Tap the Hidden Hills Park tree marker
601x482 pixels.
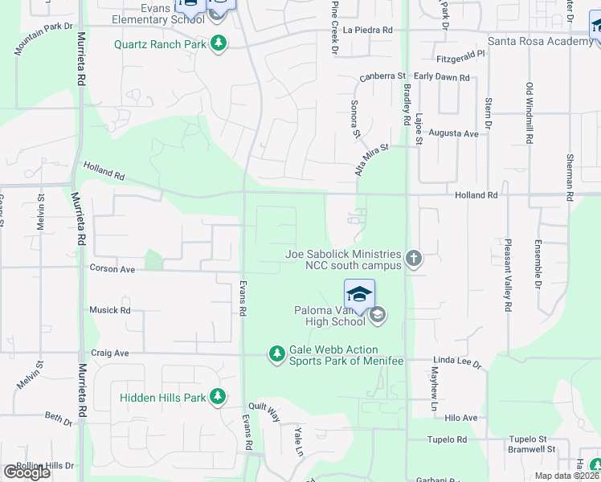217,397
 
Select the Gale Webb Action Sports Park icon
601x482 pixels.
276,353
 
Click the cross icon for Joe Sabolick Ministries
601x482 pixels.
414,259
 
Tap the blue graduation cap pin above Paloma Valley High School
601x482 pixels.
359,294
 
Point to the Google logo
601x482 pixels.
27,472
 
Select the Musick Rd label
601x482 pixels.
109,310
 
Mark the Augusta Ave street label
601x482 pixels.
453,133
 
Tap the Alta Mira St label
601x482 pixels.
371,159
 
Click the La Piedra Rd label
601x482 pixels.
367,30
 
